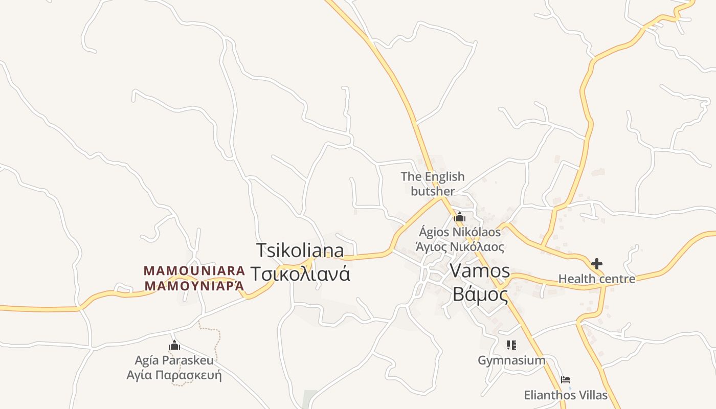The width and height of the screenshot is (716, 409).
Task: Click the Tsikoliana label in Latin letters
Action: pos(300,251)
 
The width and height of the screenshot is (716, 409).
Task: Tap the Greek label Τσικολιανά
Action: pos(300,274)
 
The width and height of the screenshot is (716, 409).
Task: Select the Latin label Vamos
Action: pos(480,271)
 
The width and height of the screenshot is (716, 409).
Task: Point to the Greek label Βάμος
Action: pos(480,295)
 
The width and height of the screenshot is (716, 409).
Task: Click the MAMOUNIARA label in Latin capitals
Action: pos(194,270)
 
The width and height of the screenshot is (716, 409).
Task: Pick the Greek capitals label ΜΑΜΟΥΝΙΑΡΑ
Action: pos(194,286)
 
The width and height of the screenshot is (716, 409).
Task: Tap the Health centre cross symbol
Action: pos(596,264)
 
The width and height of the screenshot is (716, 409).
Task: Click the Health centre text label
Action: pos(596,279)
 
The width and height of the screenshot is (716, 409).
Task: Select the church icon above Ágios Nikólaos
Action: pos(459,217)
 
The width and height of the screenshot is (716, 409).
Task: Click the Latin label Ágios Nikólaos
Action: pos(460,232)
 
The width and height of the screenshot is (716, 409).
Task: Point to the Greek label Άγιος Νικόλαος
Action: pos(460,247)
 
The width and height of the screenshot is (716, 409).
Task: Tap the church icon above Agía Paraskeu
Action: pos(174,345)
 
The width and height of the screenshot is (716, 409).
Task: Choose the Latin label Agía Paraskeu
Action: pos(174,360)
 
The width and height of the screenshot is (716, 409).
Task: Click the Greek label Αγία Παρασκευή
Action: pos(174,375)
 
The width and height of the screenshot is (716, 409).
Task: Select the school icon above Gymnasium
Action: pos(511,345)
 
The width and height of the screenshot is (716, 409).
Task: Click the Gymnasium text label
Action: pos(511,360)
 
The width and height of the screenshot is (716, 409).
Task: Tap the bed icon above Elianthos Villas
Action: pos(566,380)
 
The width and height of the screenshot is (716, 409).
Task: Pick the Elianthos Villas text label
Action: pos(566,395)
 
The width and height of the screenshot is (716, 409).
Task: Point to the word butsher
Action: pos(433,191)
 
